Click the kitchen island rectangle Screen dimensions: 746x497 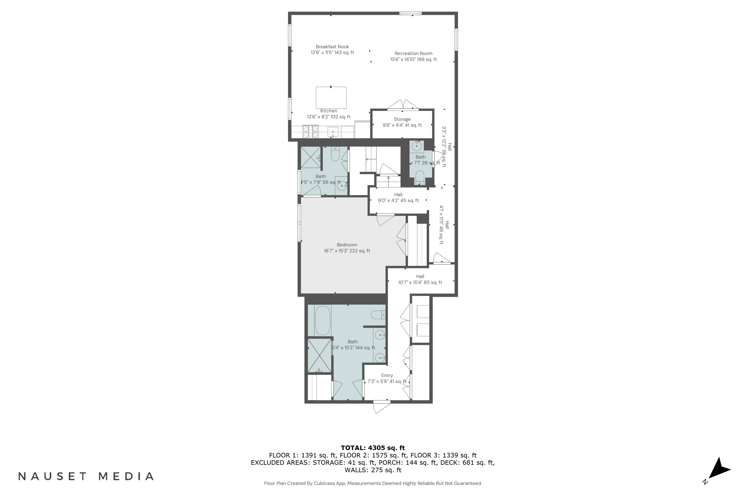click(331, 98)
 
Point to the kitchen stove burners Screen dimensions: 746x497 click(311, 131)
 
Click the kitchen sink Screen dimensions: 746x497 click(333, 131)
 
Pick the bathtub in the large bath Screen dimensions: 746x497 click(323, 320)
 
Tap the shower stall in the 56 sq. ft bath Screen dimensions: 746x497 click(311, 157)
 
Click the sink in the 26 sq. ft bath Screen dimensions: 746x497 click(417, 146)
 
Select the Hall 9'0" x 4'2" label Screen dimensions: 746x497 click(398, 198)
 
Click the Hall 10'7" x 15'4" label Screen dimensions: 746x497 click(420, 279)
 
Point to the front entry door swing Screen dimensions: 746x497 click(381, 407)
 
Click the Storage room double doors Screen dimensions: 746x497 click(403, 105)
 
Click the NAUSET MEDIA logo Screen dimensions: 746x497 click(86, 476)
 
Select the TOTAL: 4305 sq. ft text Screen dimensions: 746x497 click(373, 448)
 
